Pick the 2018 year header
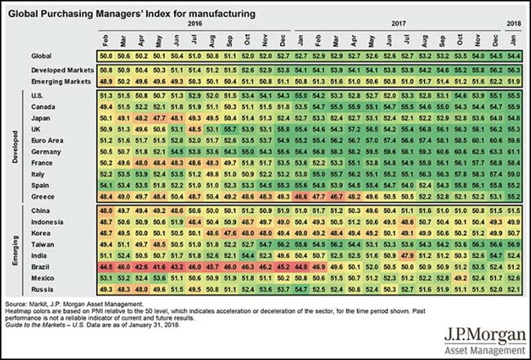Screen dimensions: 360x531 click(515, 24)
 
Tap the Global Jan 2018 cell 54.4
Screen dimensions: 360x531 click(515, 54)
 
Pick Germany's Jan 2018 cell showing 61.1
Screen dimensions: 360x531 click(515, 151)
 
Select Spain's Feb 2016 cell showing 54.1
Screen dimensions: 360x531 click(105, 185)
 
